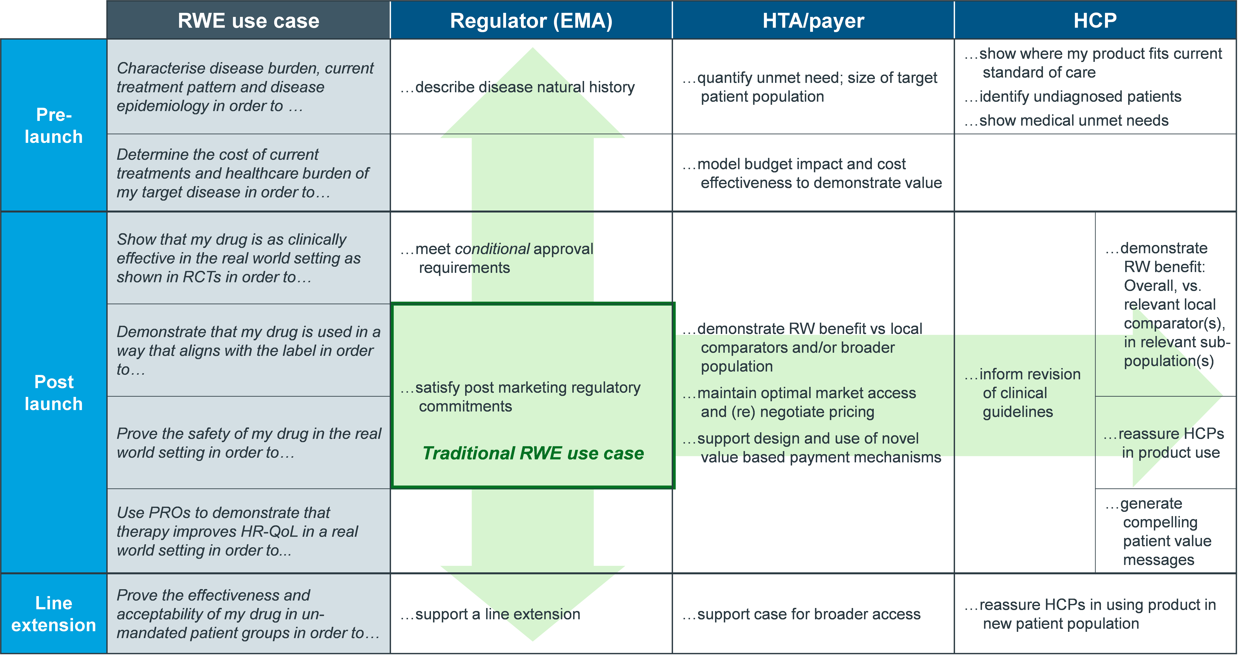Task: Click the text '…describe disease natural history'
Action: click(518, 87)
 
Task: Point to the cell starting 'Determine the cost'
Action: click(248, 173)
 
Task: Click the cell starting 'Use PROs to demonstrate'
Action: click(248, 531)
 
